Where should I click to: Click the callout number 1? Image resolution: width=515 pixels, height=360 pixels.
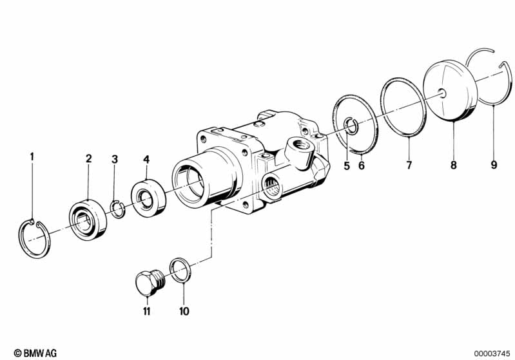pyautogui.click(x=31, y=156)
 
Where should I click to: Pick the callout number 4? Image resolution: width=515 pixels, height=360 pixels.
pyautogui.click(x=146, y=158)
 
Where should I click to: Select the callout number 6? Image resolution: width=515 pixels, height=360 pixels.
pyautogui.click(x=362, y=165)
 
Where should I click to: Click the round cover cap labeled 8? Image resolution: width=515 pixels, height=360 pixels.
pyautogui.click(x=449, y=90)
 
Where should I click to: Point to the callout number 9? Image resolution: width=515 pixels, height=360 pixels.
pyautogui.click(x=494, y=165)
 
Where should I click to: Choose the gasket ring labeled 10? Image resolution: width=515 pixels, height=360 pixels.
pyautogui.click(x=180, y=270)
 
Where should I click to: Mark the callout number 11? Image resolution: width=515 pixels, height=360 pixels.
pyautogui.click(x=147, y=312)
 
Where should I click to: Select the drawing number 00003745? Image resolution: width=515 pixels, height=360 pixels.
pyautogui.click(x=491, y=352)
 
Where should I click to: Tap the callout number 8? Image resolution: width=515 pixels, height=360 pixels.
pyautogui.click(x=453, y=165)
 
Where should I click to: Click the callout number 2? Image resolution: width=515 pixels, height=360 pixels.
pyautogui.click(x=89, y=158)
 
